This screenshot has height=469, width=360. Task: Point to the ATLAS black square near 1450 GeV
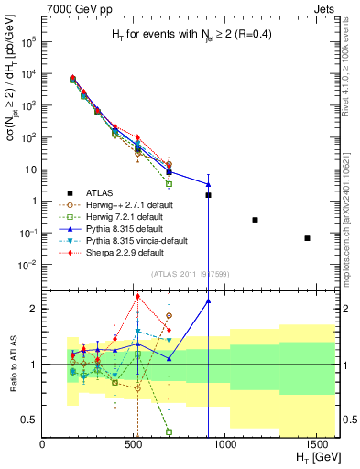click(x=308, y=238)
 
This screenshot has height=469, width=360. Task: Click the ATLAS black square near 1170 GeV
click(x=255, y=220)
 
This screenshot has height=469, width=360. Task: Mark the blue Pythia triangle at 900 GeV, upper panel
click(x=208, y=184)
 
